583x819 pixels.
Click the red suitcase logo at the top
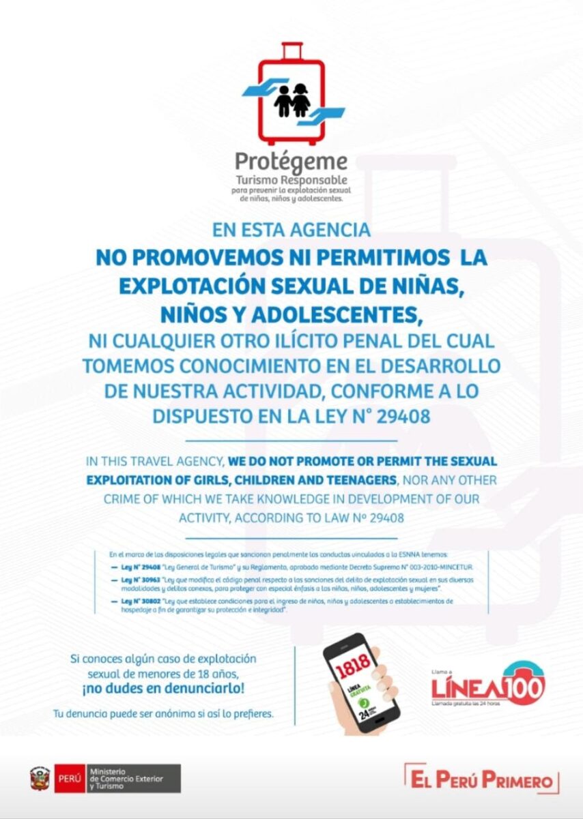point(291,95)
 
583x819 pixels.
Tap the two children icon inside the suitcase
point(292,100)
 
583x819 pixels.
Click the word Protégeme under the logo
point(291,162)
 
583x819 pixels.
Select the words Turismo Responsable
point(291,180)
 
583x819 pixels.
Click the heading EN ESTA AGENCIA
point(291,230)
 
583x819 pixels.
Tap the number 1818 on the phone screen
point(353,661)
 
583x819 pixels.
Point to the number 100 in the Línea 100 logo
point(524,685)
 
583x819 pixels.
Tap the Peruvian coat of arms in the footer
point(40,778)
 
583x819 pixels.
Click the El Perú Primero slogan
point(481,779)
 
